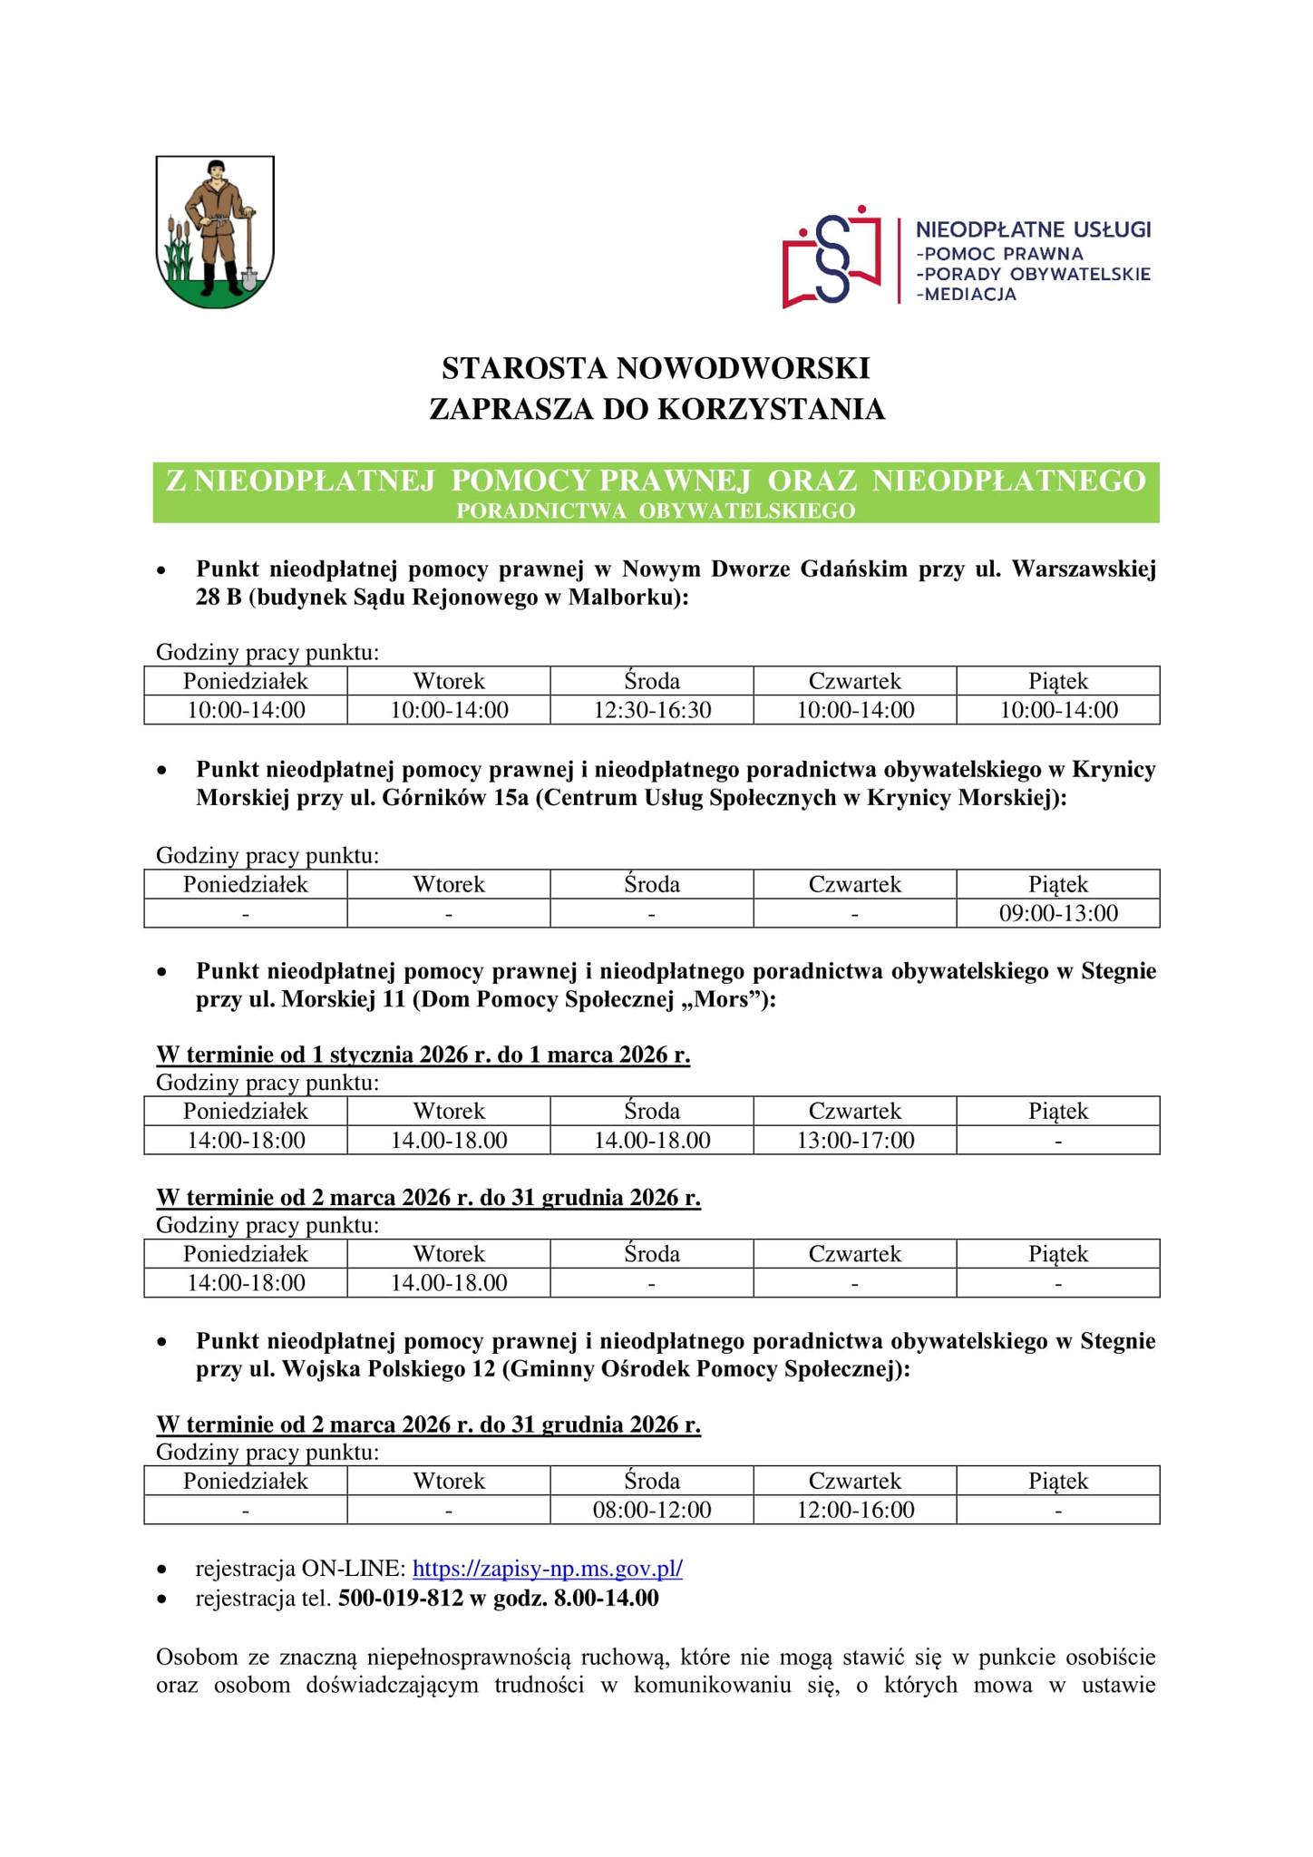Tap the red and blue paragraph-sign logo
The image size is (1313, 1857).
tap(832, 257)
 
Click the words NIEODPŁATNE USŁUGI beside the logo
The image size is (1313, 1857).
tap(1033, 228)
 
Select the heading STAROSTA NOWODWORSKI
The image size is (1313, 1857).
tap(656, 368)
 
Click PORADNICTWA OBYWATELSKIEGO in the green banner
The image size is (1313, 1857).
tap(656, 510)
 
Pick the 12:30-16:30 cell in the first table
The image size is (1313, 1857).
tap(652, 709)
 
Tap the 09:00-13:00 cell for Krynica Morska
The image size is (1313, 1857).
tap(1058, 912)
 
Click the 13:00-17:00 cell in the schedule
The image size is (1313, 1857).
tap(855, 1140)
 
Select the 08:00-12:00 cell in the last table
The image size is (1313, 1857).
tap(652, 1510)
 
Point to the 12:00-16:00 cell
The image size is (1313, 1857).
tap(855, 1510)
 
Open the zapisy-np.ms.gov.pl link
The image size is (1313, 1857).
tap(548, 1569)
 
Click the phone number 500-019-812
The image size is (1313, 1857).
tap(400, 1598)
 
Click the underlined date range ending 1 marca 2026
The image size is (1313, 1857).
tap(423, 1055)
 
